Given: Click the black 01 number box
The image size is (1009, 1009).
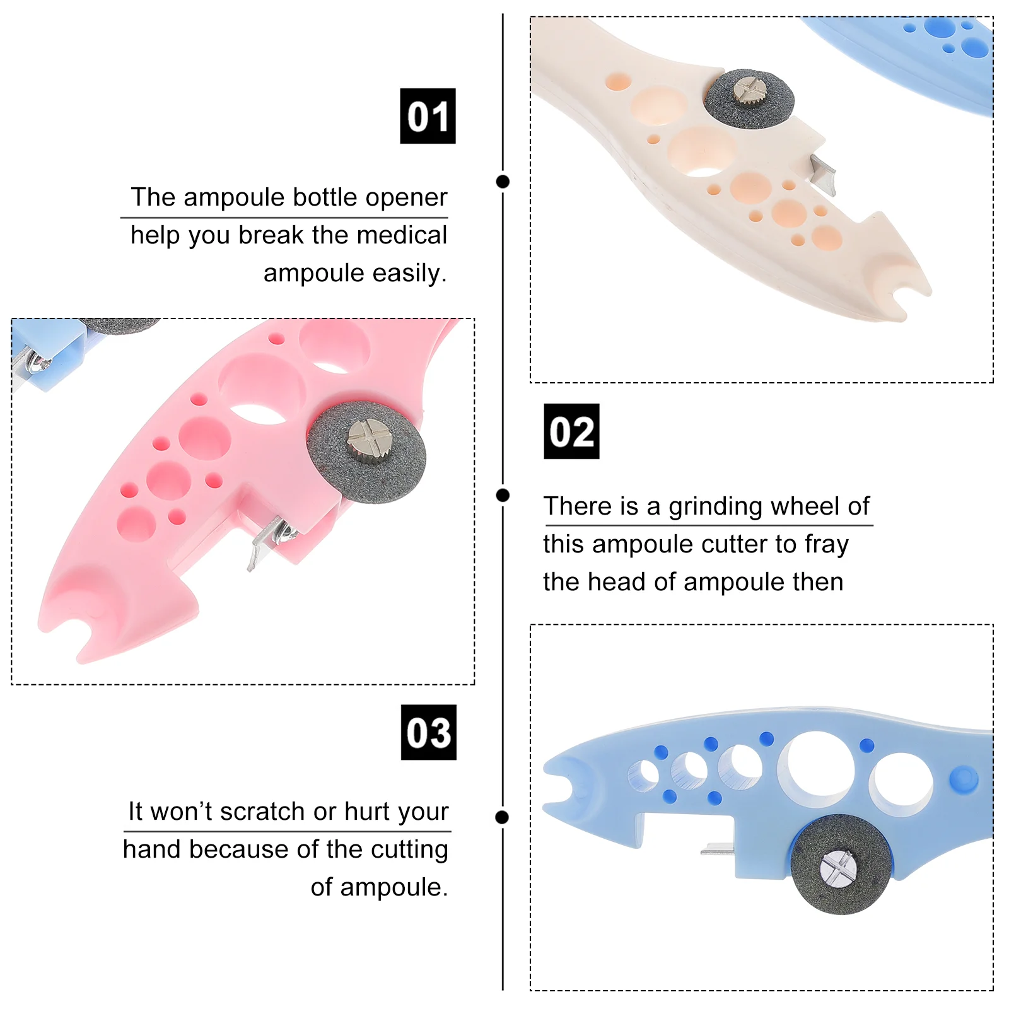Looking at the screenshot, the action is (x=428, y=116).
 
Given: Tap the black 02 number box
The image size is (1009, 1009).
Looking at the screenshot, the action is (x=571, y=431).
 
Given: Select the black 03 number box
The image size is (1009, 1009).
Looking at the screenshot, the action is (x=428, y=732).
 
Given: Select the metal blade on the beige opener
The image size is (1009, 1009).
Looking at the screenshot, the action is (x=824, y=174).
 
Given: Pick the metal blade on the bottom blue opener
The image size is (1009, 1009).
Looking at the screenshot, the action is (x=718, y=849).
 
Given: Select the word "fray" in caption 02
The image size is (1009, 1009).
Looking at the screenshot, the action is (x=827, y=544).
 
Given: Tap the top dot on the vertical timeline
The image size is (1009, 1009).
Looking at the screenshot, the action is (x=503, y=182).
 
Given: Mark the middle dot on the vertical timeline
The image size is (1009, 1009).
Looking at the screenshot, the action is (x=503, y=495).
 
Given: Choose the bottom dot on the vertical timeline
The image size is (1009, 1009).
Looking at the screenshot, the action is (x=503, y=817).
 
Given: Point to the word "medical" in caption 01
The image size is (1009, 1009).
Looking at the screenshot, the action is (x=411, y=235).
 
